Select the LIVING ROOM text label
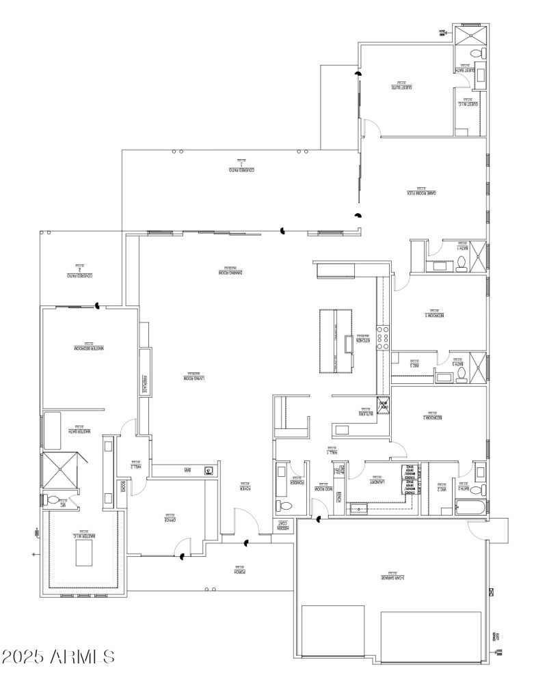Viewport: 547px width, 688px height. [x=194, y=377]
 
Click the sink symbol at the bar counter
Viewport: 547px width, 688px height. [x=209, y=471]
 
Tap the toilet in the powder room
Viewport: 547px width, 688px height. [x=284, y=506]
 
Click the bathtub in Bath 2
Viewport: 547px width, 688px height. [x=471, y=508]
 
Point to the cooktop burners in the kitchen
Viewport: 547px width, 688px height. [x=385, y=338]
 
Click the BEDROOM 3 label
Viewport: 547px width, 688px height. [x=435, y=315]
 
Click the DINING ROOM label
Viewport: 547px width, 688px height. [x=231, y=273]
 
